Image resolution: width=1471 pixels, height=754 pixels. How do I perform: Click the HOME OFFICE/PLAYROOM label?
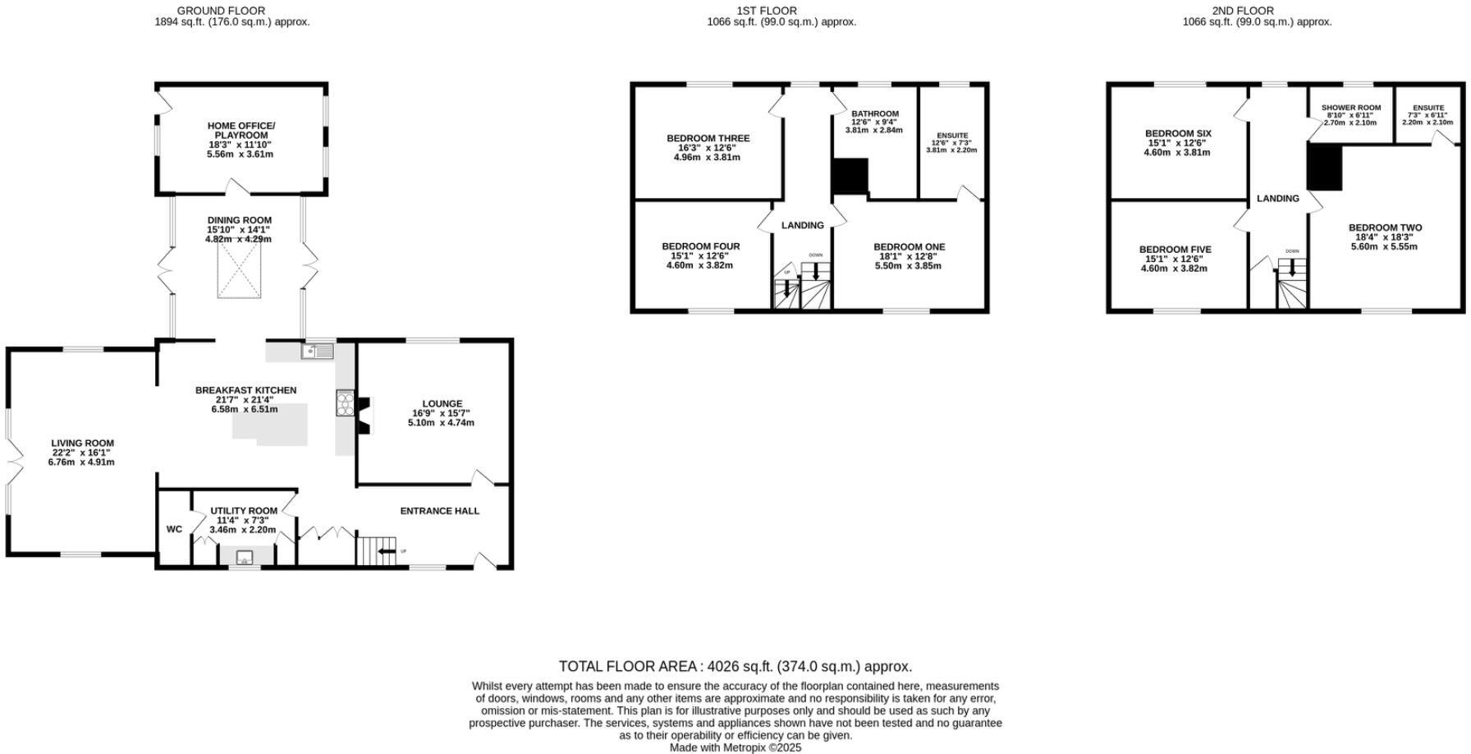[241, 131]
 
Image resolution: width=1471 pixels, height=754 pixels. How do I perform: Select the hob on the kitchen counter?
[345, 404]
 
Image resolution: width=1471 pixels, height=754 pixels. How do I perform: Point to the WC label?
[174, 529]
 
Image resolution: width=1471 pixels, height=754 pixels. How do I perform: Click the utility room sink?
[245, 559]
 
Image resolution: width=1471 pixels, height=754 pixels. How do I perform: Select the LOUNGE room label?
[442, 403]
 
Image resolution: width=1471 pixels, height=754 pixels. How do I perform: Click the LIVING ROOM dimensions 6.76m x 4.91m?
[81, 462]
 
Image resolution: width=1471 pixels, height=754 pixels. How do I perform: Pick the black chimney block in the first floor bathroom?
[850, 176]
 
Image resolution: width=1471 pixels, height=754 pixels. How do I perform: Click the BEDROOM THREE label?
[708, 139]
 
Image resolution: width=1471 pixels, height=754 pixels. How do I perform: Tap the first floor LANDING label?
[802, 225]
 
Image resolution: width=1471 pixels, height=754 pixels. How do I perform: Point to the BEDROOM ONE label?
[909, 246]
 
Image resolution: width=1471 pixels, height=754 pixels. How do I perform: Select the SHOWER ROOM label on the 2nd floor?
[1351, 108]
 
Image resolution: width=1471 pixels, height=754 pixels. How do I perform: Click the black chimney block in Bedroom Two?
[1324, 167]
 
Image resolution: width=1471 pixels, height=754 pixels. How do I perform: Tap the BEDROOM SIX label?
[1178, 133]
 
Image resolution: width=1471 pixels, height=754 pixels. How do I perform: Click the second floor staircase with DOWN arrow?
[1292, 283]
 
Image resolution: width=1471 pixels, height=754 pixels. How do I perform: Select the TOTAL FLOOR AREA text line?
[735, 666]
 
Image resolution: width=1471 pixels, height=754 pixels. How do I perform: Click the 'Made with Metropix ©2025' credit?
[735, 747]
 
